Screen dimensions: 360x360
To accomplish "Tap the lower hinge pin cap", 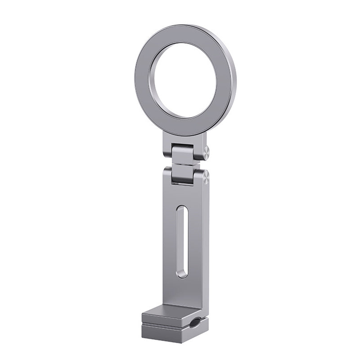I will click(206, 176).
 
